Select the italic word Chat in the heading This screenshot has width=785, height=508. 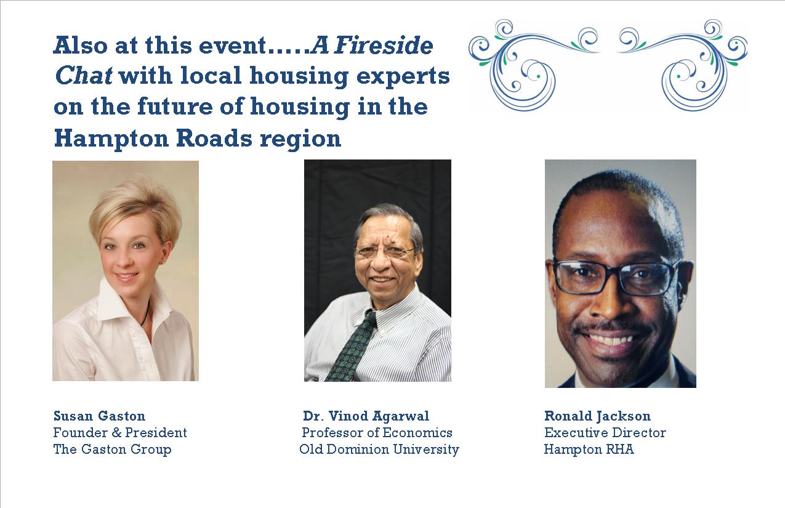(x=84, y=75)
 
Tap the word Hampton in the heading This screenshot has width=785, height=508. (x=111, y=139)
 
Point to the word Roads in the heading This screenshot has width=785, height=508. (x=214, y=138)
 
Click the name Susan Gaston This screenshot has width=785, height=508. (x=99, y=416)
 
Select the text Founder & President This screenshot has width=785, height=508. (x=120, y=433)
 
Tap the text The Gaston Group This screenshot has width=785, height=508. (x=112, y=450)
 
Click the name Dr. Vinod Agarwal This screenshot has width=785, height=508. (x=366, y=416)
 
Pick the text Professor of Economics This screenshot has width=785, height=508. (x=377, y=433)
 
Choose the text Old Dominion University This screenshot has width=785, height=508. (x=379, y=450)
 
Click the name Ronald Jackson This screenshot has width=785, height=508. (x=597, y=416)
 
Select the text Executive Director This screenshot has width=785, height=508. (x=605, y=433)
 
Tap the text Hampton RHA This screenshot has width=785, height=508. (x=589, y=450)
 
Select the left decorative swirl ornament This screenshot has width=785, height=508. (x=534, y=65)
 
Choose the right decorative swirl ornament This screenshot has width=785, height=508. (x=682, y=65)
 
